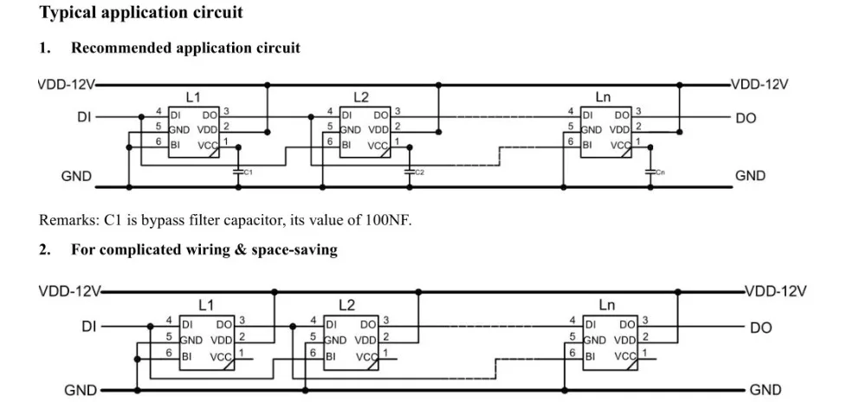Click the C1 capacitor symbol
point(239,172)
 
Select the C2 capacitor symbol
point(410,172)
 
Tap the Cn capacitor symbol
point(650,172)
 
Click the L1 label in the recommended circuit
point(193,98)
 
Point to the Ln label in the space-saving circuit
point(606,305)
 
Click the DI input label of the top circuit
point(85,117)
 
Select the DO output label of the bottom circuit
point(760,327)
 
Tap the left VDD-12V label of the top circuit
point(68,85)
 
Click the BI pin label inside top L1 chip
point(176,146)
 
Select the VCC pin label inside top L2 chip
point(378,146)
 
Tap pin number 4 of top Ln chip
point(571,112)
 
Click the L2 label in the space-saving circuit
point(347,305)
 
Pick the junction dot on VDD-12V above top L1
point(268,85)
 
